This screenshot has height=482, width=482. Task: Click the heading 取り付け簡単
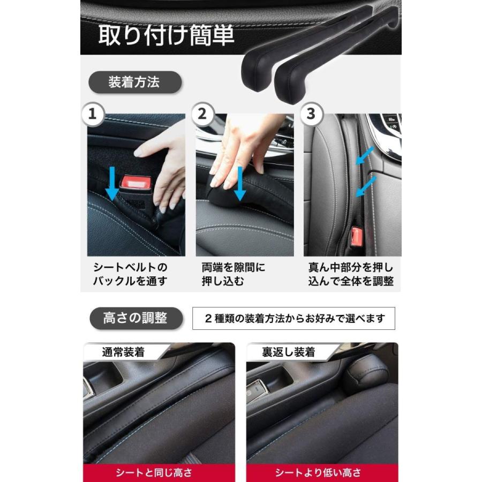(x=166, y=35)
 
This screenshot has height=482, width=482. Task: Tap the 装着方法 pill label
(x=134, y=82)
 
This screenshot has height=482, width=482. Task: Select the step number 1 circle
(x=93, y=114)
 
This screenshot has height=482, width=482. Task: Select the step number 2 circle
(x=201, y=114)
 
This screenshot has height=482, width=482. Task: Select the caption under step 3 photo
(x=351, y=274)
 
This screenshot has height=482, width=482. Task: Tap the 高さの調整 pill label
(x=135, y=318)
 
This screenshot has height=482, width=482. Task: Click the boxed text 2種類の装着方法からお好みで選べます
(x=294, y=318)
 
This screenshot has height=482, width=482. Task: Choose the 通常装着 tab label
(x=123, y=352)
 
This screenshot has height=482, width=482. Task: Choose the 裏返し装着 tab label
(x=288, y=352)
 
